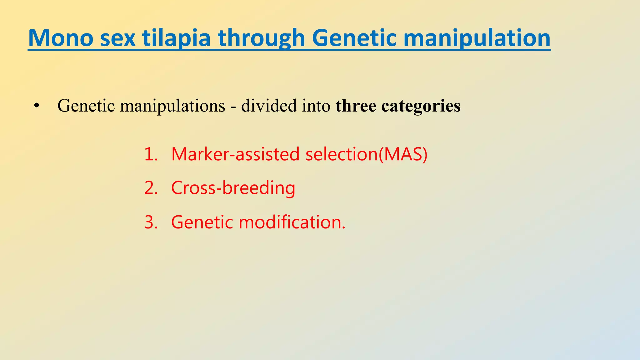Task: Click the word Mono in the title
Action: point(61,38)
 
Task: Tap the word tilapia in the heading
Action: point(176,38)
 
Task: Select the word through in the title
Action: point(261,38)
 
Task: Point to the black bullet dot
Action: point(37,106)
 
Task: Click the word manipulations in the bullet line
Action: point(172,106)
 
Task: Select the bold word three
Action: point(356,106)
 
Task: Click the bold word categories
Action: point(421,106)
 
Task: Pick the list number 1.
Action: point(150,154)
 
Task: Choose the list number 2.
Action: point(150,188)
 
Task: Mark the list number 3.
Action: point(150,222)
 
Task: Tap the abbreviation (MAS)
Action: point(403,154)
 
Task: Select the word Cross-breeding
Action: point(233,188)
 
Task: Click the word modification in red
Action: point(292,222)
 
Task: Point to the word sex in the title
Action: point(118,38)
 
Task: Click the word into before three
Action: point(316,106)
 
